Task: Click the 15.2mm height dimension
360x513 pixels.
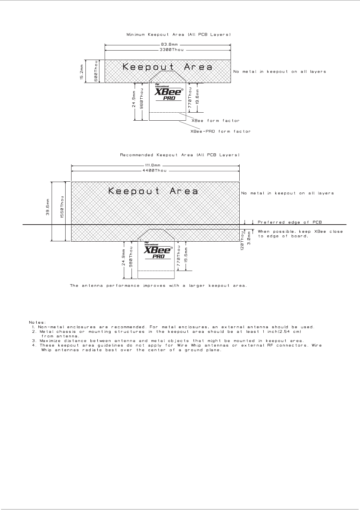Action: tap(82, 71)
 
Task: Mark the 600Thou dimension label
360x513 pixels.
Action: tap(96, 71)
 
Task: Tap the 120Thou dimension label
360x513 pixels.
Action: tap(242, 241)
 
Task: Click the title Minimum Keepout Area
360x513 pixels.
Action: tap(178, 35)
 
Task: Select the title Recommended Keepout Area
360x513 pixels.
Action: tap(180, 155)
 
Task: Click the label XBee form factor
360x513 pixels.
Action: tap(216, 121)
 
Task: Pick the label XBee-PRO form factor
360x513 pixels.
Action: tap(220, 131)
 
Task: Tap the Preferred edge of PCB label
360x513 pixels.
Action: tap(290, 222)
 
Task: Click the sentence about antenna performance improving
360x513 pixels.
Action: tap(158, 286)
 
